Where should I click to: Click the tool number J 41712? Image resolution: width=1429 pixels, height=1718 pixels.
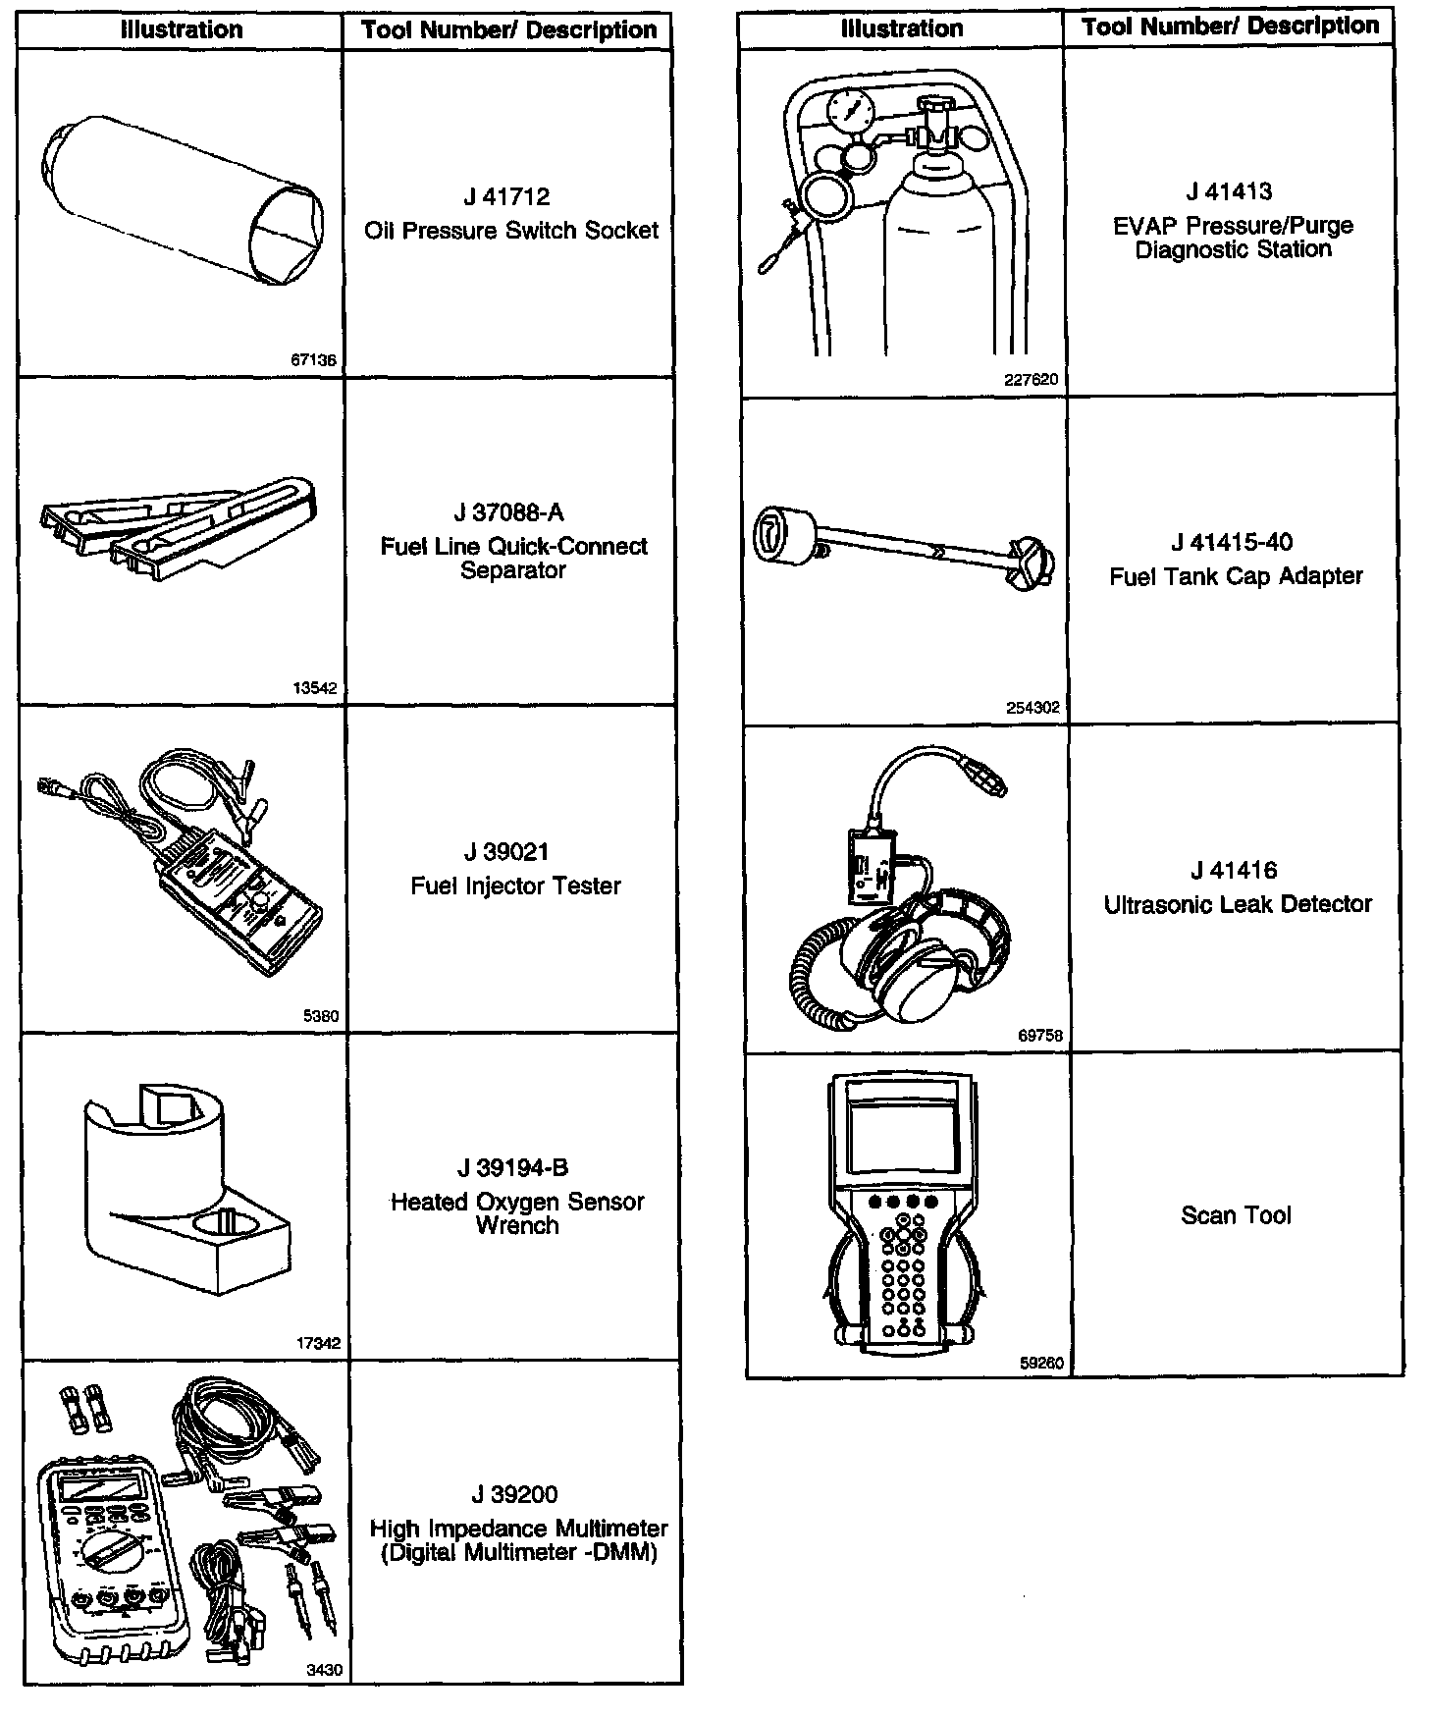click(507, 197)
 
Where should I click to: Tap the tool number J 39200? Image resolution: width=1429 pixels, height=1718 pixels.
click(514, 1495)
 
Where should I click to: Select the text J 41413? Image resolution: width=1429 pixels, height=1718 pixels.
click(1229, 192)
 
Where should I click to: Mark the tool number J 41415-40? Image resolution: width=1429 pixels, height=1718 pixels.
click(1232, 543)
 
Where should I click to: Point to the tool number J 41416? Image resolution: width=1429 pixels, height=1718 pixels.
click(1234, 871)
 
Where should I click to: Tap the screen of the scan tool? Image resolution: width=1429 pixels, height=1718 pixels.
click(901, 1134)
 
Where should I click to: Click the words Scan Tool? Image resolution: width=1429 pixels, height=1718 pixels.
click(1236, 1215)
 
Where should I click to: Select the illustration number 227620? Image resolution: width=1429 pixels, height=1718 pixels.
click(1032, 380)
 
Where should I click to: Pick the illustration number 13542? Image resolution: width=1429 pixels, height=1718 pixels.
click(315, 688)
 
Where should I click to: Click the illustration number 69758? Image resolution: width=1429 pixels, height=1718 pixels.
click(1040, 1035)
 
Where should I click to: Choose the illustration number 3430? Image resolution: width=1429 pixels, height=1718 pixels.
click(325, 1669)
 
